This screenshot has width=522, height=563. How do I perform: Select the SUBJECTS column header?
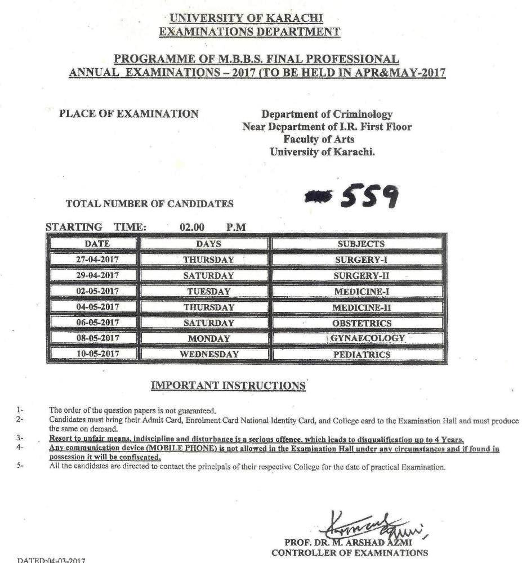(x=361, y=244)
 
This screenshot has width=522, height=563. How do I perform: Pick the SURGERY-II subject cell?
(x=361, y=276)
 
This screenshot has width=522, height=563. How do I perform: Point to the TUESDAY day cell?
(x=208, y=292)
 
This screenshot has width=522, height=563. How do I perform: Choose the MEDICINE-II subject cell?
(x=361, y=307)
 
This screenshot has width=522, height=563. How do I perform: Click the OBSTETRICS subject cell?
(x=361, y=323)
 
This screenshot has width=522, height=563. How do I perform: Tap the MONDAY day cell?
(x=208, y=339)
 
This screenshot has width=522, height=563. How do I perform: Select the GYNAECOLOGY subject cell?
(x=368, y=338)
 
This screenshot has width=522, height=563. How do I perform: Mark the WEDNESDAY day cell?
(x=208, y=355)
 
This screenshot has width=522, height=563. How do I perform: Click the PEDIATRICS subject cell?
(x=361, y=355)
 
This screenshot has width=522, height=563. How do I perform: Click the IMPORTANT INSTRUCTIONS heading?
(x=227, y=386)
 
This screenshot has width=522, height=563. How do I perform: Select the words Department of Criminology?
(x=327, y=114)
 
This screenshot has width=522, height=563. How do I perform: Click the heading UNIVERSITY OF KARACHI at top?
(x=249, y=18)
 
